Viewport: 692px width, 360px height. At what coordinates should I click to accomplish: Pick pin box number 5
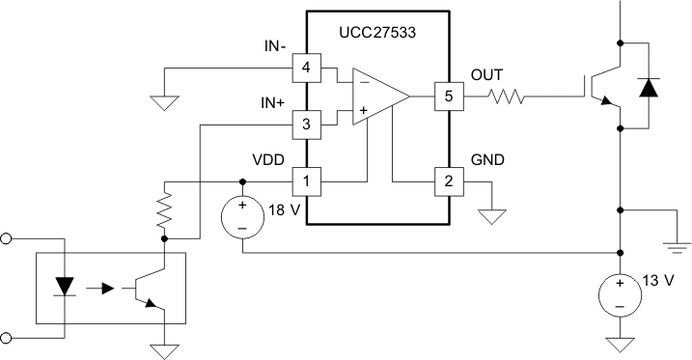[x=447, y=97]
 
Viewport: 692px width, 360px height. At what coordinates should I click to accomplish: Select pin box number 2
[x=447, y=180]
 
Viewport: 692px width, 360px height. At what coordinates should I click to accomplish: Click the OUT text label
[x=486, y=75]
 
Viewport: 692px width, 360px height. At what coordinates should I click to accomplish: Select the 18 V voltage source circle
[x=242, y=217]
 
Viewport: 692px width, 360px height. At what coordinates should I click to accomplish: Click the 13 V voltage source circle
[x=619, y=294]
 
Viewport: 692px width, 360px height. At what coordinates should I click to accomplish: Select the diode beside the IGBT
[x=647, y=87]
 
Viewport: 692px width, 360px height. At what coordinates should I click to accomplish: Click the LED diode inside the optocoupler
[x=66, y=287]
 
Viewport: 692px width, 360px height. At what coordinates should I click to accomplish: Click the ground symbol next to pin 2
[x=492, y=215]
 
